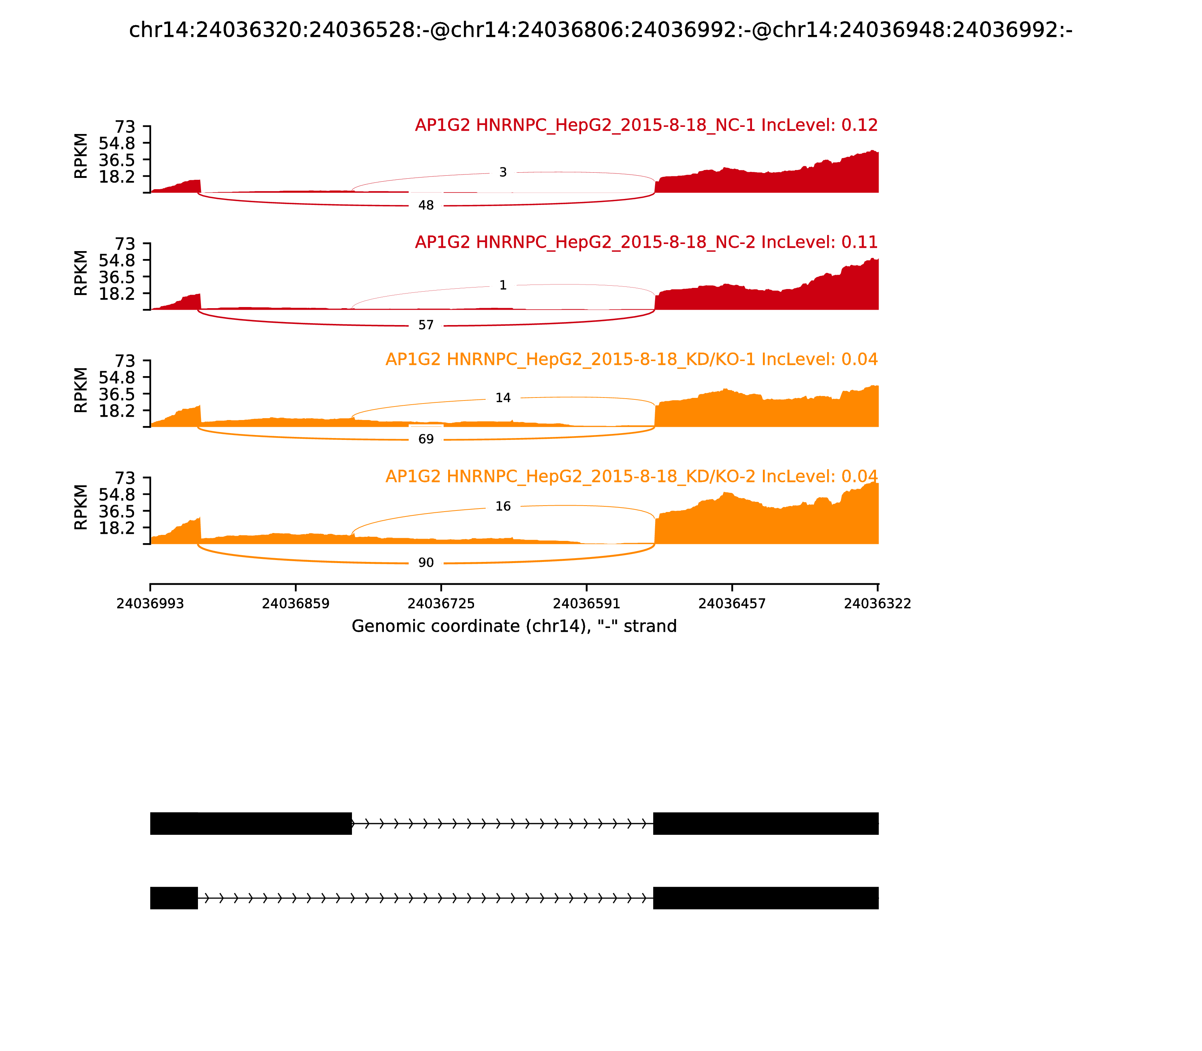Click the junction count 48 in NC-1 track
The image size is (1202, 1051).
tap(426, 205)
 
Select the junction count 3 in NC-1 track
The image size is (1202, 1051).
tap(503, 172)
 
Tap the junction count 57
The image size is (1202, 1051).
tap(426, 325)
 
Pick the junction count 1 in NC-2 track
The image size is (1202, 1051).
tap(503, 286)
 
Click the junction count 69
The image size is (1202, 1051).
tap(426, 439)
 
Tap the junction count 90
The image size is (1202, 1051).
tap(426, 563)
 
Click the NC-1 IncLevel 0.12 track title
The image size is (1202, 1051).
tap(646, 125)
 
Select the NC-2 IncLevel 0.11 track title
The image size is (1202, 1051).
tap(646, 242)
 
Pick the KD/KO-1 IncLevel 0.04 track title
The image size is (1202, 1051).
tap(631, 360)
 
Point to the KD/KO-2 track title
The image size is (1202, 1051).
tap(631, 476)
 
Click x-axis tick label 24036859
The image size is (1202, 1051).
tap(296, 604)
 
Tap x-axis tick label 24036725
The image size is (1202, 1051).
tap(441, 604)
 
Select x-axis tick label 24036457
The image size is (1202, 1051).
tap(732, 604)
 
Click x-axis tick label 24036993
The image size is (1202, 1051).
tap(150, 604)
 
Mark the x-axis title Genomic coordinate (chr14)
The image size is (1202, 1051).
tap(514, 626)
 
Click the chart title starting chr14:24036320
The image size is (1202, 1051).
tap(600, 30)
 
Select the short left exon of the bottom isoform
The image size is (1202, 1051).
tap(174, 898)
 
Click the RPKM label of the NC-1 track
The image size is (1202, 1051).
tap(81, 156)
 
